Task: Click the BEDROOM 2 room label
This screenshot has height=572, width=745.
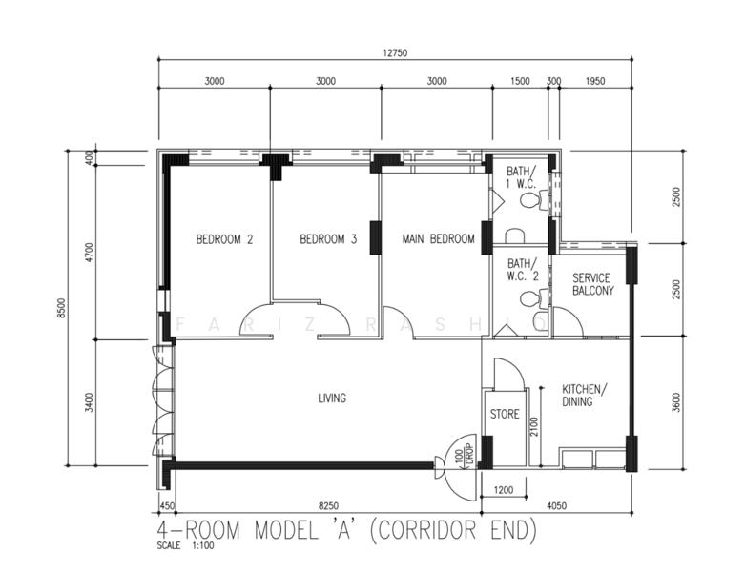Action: tap(224, 239)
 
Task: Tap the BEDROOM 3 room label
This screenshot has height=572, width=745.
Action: tap(327, 239)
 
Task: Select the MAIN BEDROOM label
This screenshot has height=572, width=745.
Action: tap(437, 239)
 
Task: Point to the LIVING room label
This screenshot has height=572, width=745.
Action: tap(332, 398)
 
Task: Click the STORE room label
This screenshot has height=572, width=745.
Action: tap(504, 415)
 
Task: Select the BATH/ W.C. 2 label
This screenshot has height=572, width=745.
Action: tap(522, 270)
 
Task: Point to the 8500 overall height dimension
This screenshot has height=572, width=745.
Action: tap(61, 309)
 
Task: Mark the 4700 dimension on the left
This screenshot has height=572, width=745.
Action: tap(89, 253)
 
